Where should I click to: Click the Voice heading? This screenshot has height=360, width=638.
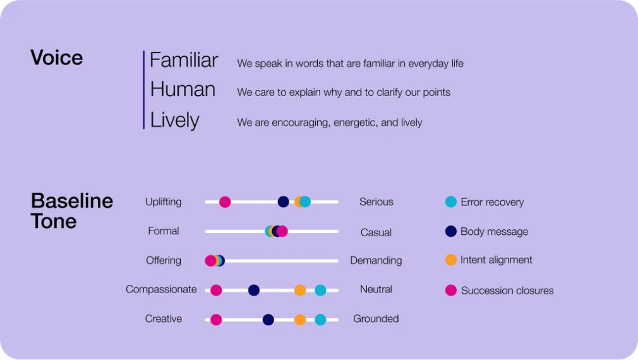pyautogui.click(x=57, y=57)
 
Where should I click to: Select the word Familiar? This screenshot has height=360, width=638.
pyautogui.click(x=184, y=60)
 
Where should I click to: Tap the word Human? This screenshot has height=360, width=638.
pyautogui.click(x=183, y=89)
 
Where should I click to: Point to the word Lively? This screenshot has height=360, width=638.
pyautogui.click(x=174, y=121)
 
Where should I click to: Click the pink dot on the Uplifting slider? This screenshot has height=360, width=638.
pyautogui.click(x=225, y=201)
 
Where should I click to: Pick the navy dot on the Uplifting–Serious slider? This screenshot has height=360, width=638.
pyautogui.click(x=283, y=201)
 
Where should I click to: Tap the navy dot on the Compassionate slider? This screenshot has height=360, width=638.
pyautogui.click(x=254, y=290)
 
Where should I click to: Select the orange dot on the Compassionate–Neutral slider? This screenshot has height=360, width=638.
pyautogui.click(x=300, y=290)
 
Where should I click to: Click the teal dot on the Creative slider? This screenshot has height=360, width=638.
pyautogui.click(x=321, y=320)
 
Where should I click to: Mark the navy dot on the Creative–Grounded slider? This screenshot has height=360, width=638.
pyautogui.click(x=268, y=320)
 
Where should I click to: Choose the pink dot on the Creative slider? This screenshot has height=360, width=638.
pyautogui.click(x=216, y=320)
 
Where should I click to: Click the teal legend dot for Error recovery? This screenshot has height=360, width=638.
pyautogui.click(x=451, y=201)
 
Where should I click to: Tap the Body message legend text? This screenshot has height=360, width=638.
pyautogui.click(x=495, y=232)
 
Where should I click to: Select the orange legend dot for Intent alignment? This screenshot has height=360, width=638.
pyautogui.click(x=451, y=260)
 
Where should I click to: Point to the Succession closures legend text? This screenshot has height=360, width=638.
pyautogui.click(x=507, y=291)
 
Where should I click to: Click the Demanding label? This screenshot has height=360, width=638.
pyautogui.click(x=376, y=261)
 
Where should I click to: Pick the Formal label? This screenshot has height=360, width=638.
pyautogui.click(x=164, y=231)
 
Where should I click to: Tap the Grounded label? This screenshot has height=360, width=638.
pyautogui.click(x=376, y=318)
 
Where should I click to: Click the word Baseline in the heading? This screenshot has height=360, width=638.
pyautogui.click(x=72, y=201)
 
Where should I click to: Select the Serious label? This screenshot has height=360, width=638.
pyautogui.click(x=376, y=201)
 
